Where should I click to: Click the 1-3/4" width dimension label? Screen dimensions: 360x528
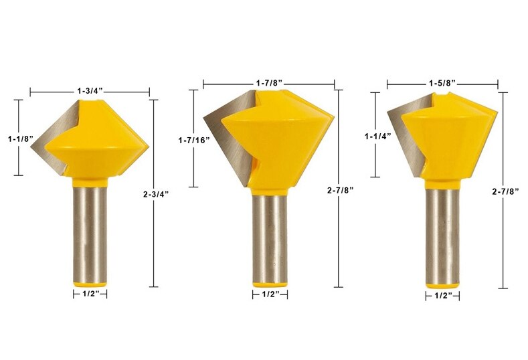pos(89,90)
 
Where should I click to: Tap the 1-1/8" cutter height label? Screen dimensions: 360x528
pos(19,139)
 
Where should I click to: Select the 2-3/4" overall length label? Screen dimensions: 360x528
pos(156,194)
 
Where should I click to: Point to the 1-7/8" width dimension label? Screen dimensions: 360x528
pos(269,82)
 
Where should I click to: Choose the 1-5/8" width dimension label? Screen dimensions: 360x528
pos(442,83)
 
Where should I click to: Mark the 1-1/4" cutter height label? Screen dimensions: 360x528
pos(377,136)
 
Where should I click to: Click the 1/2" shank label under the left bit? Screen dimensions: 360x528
pos(90,293)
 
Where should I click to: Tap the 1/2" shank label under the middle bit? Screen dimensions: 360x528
pos(270,294)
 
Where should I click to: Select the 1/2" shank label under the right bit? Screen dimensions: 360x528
pos(442,295)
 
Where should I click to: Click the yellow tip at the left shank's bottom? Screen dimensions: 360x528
pos(90,283)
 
